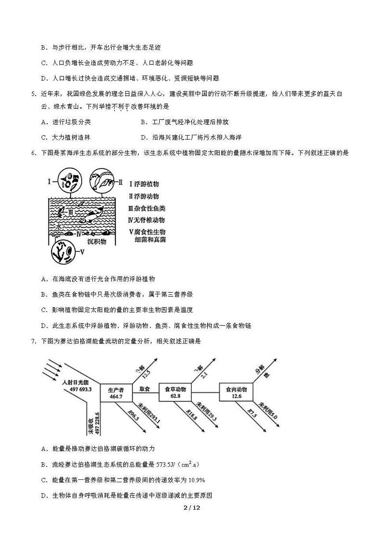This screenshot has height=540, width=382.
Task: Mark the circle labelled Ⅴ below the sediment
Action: (64, 251)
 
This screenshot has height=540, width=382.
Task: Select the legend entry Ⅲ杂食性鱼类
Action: (146, 208)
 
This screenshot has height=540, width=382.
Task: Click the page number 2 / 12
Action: (191, 508)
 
